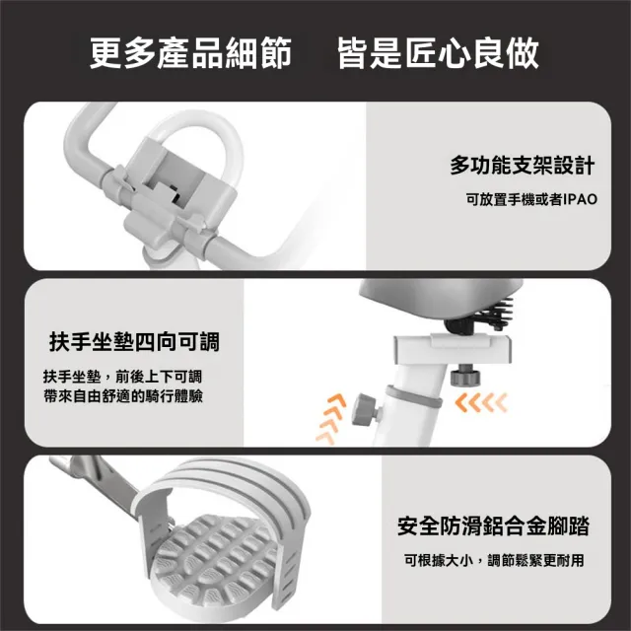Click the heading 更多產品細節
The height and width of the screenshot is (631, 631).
190,52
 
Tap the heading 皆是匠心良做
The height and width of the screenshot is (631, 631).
438,52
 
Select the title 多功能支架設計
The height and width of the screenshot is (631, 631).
523,165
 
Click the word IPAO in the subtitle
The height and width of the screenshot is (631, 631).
580,199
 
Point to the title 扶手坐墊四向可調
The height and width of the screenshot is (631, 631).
134,342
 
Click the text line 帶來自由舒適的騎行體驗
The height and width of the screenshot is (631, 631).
123,396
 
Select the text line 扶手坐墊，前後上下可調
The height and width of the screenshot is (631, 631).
122,377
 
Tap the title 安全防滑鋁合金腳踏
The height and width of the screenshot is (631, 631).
493,526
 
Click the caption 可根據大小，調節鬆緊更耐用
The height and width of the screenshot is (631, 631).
494,560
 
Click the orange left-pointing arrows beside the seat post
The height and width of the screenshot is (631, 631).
481,402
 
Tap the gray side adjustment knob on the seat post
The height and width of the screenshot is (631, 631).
366,410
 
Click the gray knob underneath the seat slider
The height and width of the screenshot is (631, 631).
465,375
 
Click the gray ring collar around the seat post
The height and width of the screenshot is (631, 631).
413,397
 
